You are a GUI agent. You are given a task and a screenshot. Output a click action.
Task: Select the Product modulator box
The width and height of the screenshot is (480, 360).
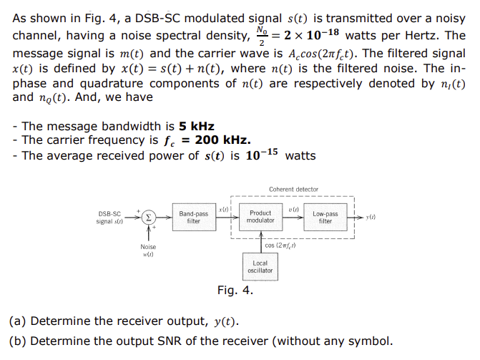pos(260,217)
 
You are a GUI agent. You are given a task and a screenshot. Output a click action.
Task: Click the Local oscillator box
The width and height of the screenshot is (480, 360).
pos(260,267)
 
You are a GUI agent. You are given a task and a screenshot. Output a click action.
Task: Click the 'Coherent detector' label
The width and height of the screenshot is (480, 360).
pos(293,190)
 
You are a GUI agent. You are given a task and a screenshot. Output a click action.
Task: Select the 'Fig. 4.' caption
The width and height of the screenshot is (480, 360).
pos(235,291)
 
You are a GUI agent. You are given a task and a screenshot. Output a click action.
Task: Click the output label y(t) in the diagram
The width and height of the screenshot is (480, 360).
pos(371,216)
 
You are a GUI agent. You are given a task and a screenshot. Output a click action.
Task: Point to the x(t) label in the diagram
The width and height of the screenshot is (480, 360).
pos(224,207)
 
